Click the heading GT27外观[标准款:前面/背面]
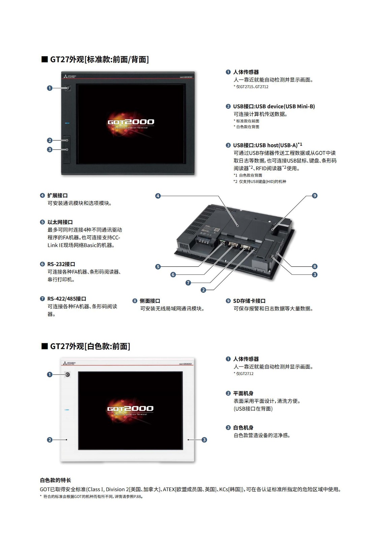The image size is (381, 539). pyautogui.click(x=99, y=59)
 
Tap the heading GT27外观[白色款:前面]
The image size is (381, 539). pyautogui.click(x=90, y=346)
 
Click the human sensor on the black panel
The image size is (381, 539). pyautogui.click(x=68, y=88)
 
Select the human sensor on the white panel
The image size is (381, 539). pyautogui.click(x=68, y=374)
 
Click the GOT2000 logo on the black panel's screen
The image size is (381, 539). pyautogui.click(x=131, y=123)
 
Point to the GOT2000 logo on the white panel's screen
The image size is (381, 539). pyautogui.click(x=130, y=409)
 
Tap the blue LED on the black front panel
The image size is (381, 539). pyautogui.click(x=67, y=123)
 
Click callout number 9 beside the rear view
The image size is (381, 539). pyautogui.click(x=314, y=196)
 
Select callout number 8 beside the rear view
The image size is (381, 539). pyautogui.click(x=314, y=266)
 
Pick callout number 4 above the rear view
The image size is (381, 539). pyautogui.click(x=158, y=196)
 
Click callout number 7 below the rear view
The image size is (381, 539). pyautogui.click(x=188, y=283)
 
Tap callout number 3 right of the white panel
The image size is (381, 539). pyautogui.click(x=204, y=440)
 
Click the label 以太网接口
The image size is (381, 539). pyautogui.click(x=60, y=222)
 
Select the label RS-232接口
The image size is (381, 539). pyautogui.click(x=61, y=264)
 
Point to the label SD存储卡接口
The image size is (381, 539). pyautogui.click(x=249, y=301)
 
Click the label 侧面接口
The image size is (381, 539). pyautogui.click(x=150, y=301)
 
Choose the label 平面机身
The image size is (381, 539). pyautogui.click(x=243, y=393)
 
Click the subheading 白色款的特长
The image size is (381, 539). pyautogui.click(x=56, y=480)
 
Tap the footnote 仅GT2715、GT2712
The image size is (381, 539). pyautogui.click(x=252, y=87)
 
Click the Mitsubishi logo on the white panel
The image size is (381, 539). pyautogui.click(x=69, y=363)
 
